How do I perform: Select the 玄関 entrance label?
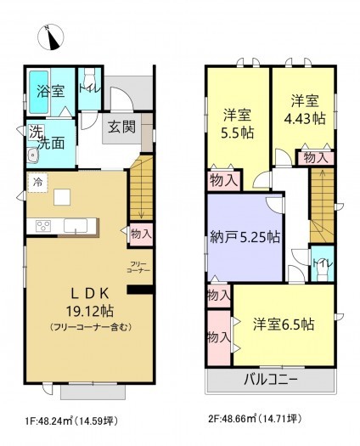point(118,129)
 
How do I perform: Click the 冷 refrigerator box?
point(37,181)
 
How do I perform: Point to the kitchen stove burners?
point(42,225)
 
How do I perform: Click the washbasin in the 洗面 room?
point(34,155)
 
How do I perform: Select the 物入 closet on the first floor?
point(140,233)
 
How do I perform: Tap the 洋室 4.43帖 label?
point(302,109)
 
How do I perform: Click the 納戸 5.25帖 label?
point(245,237)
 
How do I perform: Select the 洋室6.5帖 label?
point(285,324)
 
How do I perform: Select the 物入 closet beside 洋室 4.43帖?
point(315,157)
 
